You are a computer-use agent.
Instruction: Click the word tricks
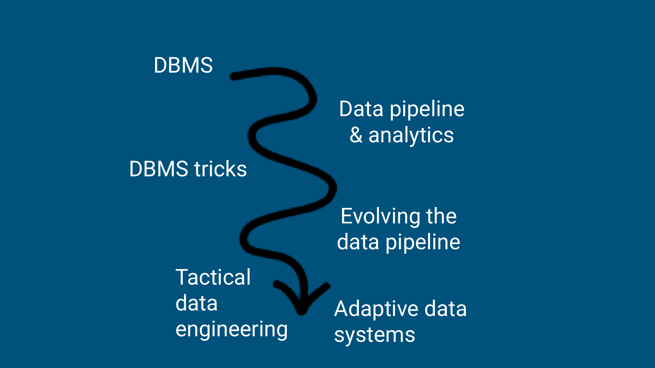click(220, 169)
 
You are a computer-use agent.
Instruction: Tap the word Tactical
click(213, 277)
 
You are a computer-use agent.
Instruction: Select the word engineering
click(232, 329)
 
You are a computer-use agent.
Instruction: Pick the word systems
click(375, 335)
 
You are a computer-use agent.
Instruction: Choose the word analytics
click(411, 135)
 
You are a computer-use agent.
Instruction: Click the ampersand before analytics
click(356, 135)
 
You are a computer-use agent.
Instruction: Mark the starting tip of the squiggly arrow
click(232, 77)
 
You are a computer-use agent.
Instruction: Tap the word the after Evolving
click(441, 216)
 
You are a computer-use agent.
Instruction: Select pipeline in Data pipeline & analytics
click(427, 109)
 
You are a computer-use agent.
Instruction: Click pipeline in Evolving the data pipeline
click(423, 242)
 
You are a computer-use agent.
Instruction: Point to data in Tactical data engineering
click(196, 303)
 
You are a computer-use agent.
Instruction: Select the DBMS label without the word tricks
click(183, 65)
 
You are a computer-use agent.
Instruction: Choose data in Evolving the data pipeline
click(358, 242)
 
